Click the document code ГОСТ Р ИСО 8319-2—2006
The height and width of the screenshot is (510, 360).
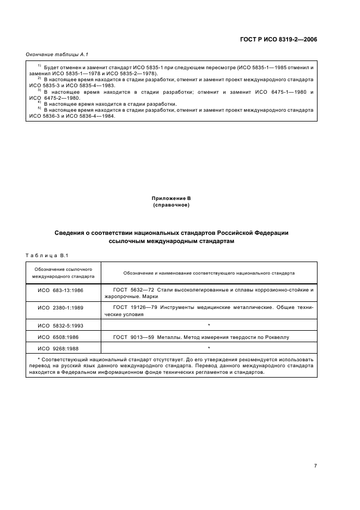coord(278,39)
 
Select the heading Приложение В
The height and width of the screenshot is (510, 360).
coord(172,199)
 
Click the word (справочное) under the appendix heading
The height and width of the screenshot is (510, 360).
coord(172,205)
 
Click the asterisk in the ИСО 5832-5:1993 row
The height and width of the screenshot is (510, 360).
coord(209,325)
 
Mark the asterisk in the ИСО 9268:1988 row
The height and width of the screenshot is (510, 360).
coord(209,347)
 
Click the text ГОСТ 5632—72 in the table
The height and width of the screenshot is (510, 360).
coord(133,290)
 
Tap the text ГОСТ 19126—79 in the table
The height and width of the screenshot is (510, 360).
coord(133,308)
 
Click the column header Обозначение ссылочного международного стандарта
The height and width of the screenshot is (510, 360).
coord(63,273)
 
